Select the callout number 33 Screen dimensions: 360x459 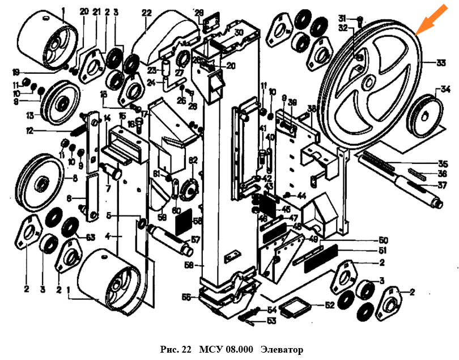click(x=441, y=62)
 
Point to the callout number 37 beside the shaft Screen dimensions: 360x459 click(x=442, y=185)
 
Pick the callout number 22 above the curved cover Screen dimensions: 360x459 click(x=147, y=12)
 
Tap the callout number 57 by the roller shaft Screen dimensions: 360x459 click(x=195, y=240)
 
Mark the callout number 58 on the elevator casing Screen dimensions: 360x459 click(x=189, y=264)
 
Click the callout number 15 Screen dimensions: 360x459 click(x=122, y=116)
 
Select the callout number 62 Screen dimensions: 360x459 click(x=193, y=160)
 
